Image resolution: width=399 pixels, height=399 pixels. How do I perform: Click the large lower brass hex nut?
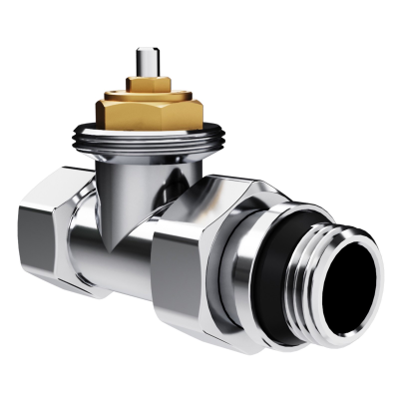[x=150, y=112]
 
